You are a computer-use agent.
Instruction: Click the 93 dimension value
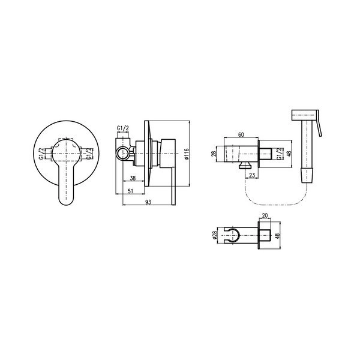pos(149,202)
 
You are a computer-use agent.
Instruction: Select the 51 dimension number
pos(130,191)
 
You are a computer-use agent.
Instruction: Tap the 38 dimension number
pos(133,178)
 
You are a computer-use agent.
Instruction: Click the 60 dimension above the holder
pos(241,135)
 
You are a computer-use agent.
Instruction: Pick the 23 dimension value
pos(252,175)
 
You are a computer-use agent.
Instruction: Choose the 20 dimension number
pos(265,215)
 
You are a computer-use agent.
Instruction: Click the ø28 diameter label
pos(215,235)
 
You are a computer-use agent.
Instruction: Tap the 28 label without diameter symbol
pos(214,154)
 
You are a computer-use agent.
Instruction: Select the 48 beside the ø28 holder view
pos(278,236)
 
